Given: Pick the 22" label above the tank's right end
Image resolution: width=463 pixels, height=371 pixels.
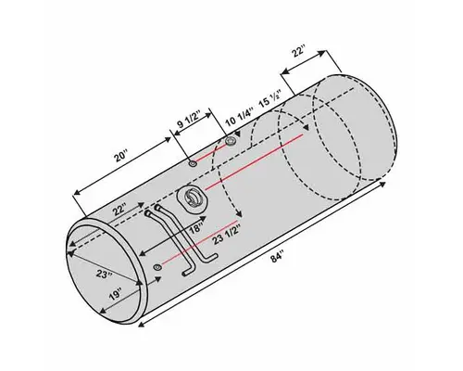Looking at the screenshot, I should [x=299, y=55].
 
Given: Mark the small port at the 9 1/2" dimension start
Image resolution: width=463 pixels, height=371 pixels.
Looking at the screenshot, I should [x=192, y=163].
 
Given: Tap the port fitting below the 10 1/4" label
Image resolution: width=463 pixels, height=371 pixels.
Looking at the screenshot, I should [x=229, y=142].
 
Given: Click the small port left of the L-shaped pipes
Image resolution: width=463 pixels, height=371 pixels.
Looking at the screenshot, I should [x=158, y=268].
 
